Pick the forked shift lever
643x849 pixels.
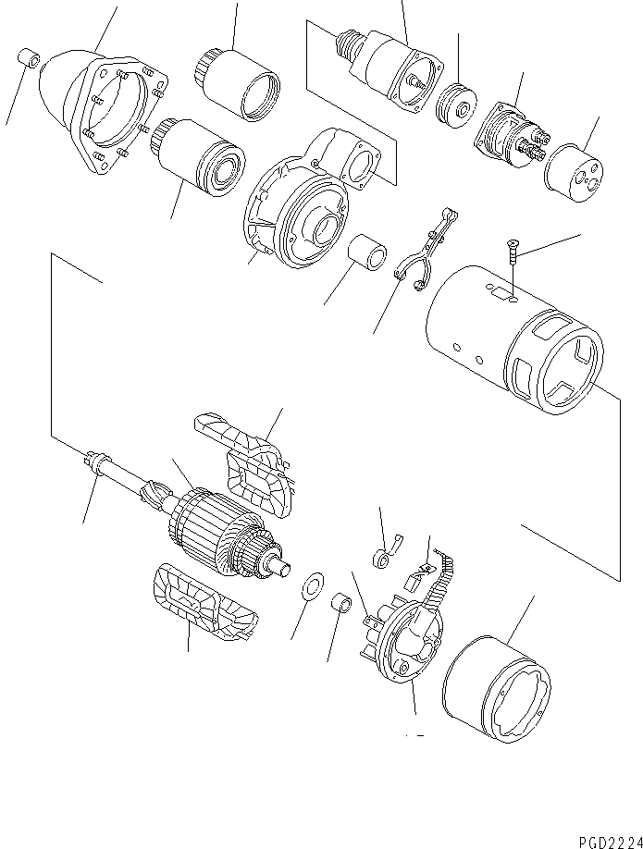click(422, 252)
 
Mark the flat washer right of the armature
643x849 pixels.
click(312, 588)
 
